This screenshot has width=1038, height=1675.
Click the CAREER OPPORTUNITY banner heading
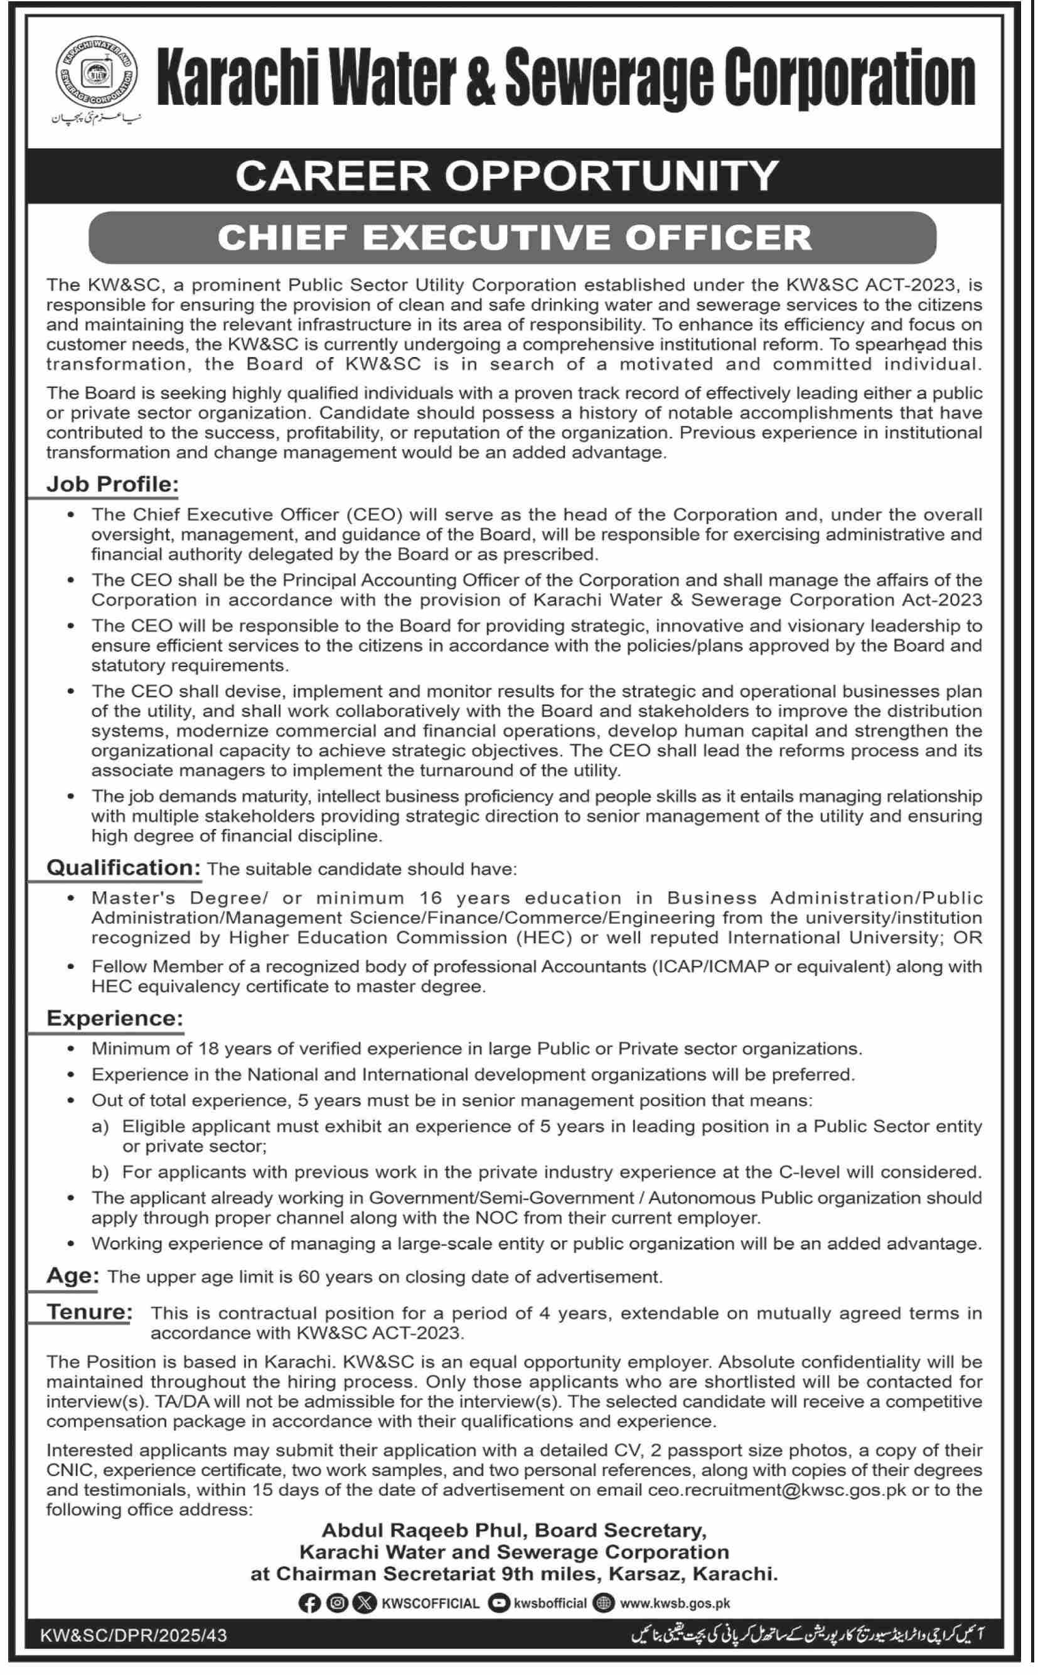(x=506, y=176)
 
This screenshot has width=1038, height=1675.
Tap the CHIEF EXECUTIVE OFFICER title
(x=514, y=237)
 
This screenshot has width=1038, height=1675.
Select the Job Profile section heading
(x=112, y=484)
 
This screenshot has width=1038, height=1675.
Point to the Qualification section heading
(x=123, y=868)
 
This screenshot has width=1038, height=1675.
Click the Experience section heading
(x=115, y=1018)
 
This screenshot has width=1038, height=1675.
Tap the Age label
(x=73, y=1276)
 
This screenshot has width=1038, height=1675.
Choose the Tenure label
(x=89, y=1312)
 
